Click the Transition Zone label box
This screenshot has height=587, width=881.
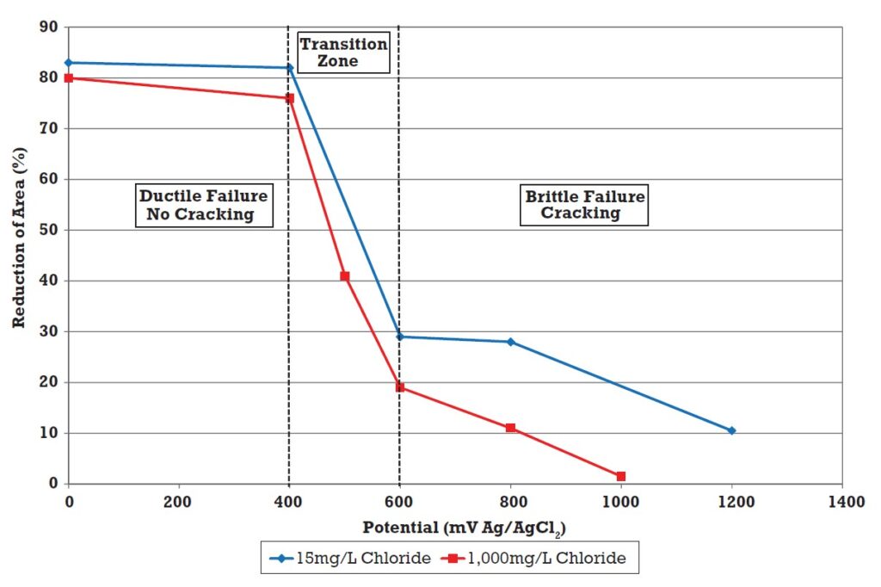coord(343,53)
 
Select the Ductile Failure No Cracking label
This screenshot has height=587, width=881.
coord(204,205)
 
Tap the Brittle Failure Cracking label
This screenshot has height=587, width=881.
coord(584,205)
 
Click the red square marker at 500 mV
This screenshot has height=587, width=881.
coord(344,276)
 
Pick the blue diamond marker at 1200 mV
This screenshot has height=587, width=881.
coord(731,430)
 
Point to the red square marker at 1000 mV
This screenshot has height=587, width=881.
coord(620,476)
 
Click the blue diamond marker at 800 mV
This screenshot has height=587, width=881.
coord(510,342)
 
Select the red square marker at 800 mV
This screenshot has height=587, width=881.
coord(510,428)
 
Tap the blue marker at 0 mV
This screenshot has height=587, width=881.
coord(69,63)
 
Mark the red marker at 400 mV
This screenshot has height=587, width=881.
coord(289,98)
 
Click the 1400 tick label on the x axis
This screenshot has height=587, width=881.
coord(841,501)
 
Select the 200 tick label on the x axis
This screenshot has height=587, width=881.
coord(179,501)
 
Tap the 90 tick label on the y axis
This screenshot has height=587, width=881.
coord(50,28)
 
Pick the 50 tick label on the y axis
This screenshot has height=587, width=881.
coord(50,230)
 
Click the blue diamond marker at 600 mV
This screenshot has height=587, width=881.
coord(399,337)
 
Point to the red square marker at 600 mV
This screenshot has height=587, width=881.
coord(399,387)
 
